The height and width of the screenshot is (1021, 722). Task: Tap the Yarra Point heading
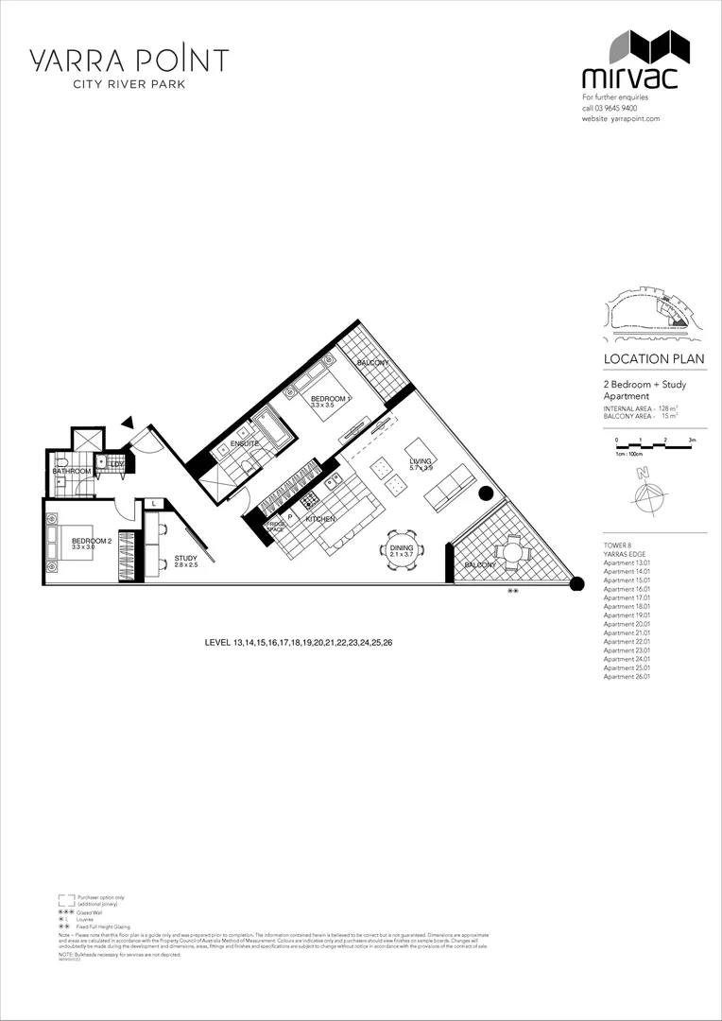pyautogui.click(x=128, y=61)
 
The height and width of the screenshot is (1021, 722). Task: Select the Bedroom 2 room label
pyautogui.click(x=92, y=542)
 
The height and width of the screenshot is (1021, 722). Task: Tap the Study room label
pyautogui.click(x=185, y=559)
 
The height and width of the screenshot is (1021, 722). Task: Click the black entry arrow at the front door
pyautogui.click(x=127, y=425)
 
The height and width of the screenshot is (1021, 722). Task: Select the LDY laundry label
pyautogui.click(x=116, y=464)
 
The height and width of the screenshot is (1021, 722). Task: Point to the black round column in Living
pyautogui.click(x=486, y=493)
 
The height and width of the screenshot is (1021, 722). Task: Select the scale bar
pyautogui.click(x=653, y=443)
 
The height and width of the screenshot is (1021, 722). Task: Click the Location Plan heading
pyautogui.click(x=653, y=359)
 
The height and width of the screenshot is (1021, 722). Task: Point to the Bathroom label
pyautogui.click(x=72, y=471)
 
